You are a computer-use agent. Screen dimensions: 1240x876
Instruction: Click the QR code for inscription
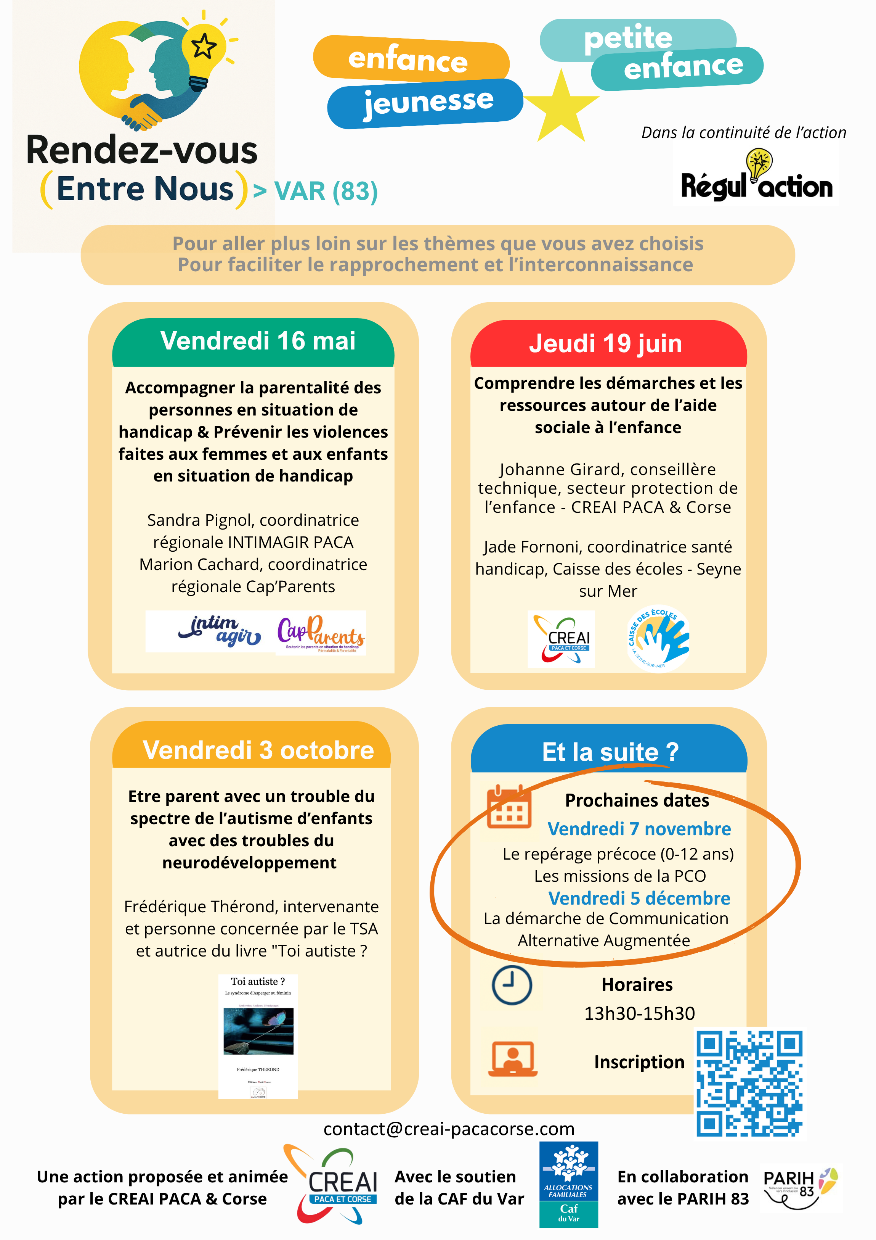coord(749,1083)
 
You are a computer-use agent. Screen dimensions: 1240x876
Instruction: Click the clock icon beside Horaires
coord(512,984)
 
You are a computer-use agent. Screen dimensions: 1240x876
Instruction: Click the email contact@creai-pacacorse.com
coord(449,1129)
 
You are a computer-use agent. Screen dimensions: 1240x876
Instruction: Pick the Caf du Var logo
coord(568,1184)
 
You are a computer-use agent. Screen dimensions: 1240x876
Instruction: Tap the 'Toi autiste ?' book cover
coord(258,1036)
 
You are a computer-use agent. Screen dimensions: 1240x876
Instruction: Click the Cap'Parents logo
coord(321,633)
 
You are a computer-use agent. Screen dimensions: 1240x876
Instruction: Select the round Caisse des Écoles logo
coord(658,638)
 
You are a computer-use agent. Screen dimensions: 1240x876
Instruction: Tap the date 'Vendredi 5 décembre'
coord(639,898)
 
